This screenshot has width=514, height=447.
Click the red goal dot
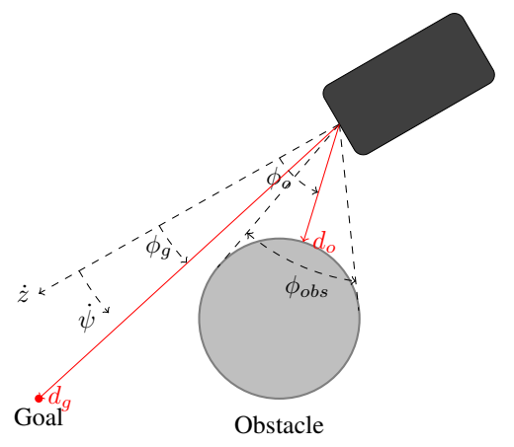[x=39, y=399]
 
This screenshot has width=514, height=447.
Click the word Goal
[x=39, y=417]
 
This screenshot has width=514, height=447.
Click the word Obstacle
[x=279, y=425]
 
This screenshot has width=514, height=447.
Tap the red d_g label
[x=59, y=398]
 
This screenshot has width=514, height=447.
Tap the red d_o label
[x=324, y=243]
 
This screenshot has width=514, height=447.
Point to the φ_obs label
[x=306, y=289]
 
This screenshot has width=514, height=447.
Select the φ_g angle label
[x=158, y=248]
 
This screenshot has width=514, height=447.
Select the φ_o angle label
[x=279, y=181]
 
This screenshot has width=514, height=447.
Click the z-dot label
[x=23, y=293]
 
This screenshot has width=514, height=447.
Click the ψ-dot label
[x=87, y=318]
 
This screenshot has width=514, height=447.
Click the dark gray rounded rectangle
[x=408, y=84]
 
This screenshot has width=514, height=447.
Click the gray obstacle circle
[x=280, y=319]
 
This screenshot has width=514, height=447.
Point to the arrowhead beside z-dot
[x=41, y=291]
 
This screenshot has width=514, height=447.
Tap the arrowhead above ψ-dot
[x=107, y=310]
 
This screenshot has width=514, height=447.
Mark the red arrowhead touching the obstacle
[x=303, y=239]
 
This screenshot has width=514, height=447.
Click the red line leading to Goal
[x=189, y=261]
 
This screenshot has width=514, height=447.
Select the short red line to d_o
[x=321, y=184]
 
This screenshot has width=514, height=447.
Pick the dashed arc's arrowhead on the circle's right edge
[x=353, y=281]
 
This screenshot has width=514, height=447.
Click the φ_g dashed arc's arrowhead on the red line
[x=185, y=261]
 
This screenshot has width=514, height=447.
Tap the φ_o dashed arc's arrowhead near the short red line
[x=315, y=190]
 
